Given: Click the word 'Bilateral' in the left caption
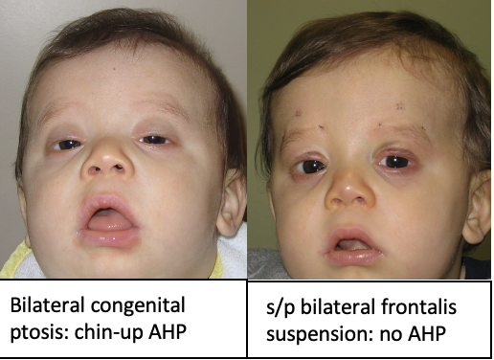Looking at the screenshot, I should (42, 307).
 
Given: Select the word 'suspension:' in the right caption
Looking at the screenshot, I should (313, 336).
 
